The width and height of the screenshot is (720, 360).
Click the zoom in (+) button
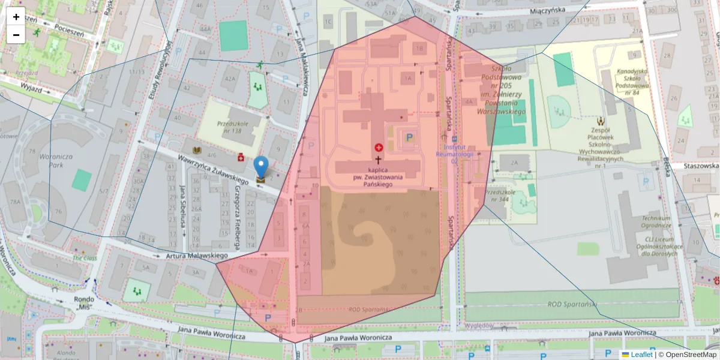[x=16, y=17]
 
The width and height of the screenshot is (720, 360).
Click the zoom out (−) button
[x=16, y=35]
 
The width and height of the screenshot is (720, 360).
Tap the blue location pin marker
[x=261, y=166]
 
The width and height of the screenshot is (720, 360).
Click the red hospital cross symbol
[x=379, y=148]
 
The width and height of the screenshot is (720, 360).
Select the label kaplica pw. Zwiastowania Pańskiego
[x=377, y=178]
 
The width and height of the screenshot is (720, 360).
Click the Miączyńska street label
[x=548, y=11]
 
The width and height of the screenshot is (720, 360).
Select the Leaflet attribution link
[x=641, y=355]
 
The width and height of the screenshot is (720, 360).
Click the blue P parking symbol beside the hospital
[x=410, y=138]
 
